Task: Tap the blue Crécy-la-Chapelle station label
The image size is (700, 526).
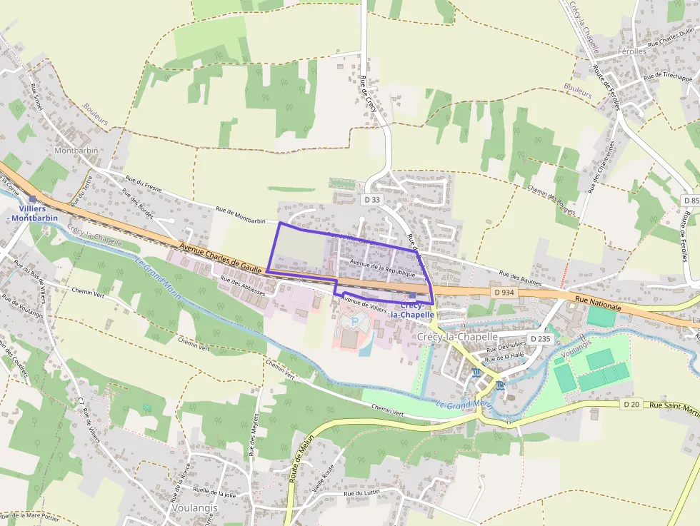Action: (x=413, y=310)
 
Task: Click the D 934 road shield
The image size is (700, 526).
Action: (x=504, y=293)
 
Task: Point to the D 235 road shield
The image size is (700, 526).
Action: (x=541, y=338)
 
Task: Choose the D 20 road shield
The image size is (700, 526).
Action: (x=631, y=404)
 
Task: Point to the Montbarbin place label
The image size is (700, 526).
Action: (x=76, y=151)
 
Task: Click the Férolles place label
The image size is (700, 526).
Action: (x=632, y=52)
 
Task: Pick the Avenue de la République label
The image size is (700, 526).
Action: (x=379, y=268)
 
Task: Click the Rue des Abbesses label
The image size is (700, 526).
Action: (x=243, y=286)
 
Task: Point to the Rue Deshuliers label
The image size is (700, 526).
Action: (x=506, y=344)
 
